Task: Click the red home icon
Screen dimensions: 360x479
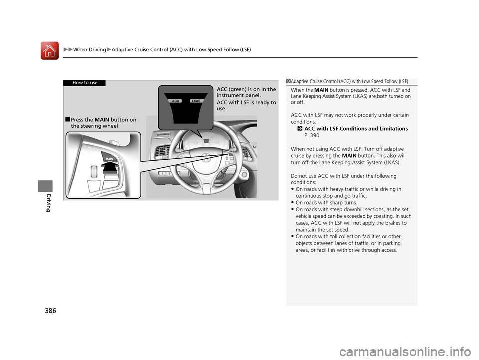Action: [x=50, y=50]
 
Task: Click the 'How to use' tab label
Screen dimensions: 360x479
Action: [x=85, y=83]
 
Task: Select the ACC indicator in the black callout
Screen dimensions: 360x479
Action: [x=175, y=101]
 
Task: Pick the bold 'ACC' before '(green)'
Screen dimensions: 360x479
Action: [x=222, y=89]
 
